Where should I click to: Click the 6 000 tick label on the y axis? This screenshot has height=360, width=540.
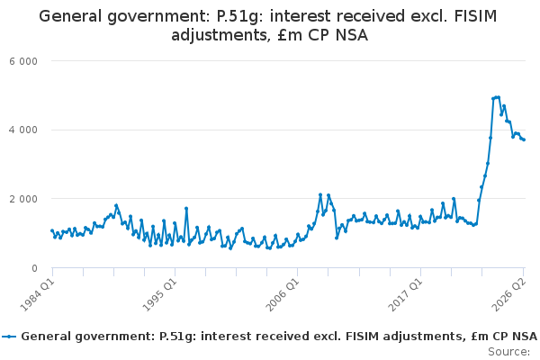click(x=23, y=61)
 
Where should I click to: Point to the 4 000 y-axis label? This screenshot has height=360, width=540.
click(x=23, y=130)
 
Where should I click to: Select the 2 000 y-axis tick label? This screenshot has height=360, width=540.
click(x=23, y=199)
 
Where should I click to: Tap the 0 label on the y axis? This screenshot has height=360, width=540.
click(x=34, y=268)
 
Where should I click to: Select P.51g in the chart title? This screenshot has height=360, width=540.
click(x=238, y=17)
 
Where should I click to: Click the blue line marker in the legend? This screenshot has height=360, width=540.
click(x=9, y=337)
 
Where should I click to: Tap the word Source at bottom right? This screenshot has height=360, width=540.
click(x=509, y=352)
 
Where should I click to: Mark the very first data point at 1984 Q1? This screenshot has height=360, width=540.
click(x=52, y=230)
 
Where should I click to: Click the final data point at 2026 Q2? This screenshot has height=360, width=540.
click(x=524, y=139)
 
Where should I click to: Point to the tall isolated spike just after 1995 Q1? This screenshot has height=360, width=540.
click(x=186, y=209)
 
